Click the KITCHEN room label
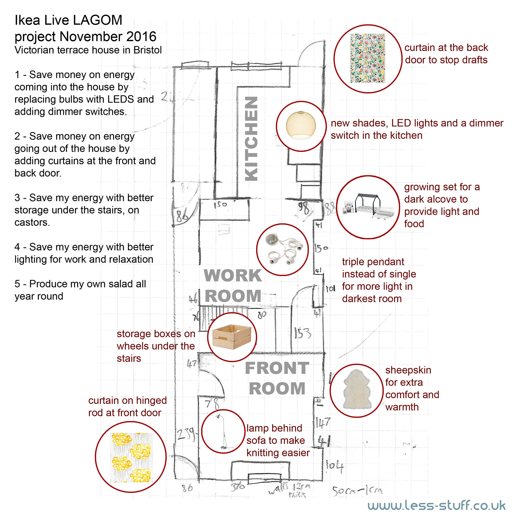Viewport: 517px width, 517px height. pos(251,139)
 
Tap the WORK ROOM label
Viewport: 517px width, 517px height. pos(233,286)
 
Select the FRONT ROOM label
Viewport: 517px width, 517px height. pos(277,378)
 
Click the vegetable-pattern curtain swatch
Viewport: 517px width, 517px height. pos(368,59)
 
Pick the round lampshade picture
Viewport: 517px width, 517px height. pos(301,126)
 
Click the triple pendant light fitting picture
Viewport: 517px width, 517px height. pos(282,249)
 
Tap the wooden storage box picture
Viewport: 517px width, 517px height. pos(232,337)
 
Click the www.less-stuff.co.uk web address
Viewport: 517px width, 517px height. pos(437,506)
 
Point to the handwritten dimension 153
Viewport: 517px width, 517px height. pos(302,333)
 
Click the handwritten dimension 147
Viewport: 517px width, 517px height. pos(323,423)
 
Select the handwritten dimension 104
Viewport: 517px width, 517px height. pos(335,466)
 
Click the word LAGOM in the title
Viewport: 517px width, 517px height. pos(98,20)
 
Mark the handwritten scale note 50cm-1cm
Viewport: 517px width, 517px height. pos(357,491)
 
